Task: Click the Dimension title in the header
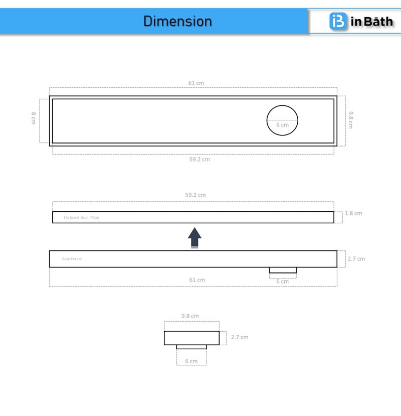pos(177,21)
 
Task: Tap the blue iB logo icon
pos(338,21)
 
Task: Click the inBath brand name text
pos(371,22)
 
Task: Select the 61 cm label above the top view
pos(196,83)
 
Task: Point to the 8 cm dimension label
pos(34,118)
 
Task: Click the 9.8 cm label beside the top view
pos(351,120)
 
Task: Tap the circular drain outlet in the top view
pos(282,105)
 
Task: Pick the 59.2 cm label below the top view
pos(199,159)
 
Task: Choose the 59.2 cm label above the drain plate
pos(195,195)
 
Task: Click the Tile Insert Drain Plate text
pos(81,217)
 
